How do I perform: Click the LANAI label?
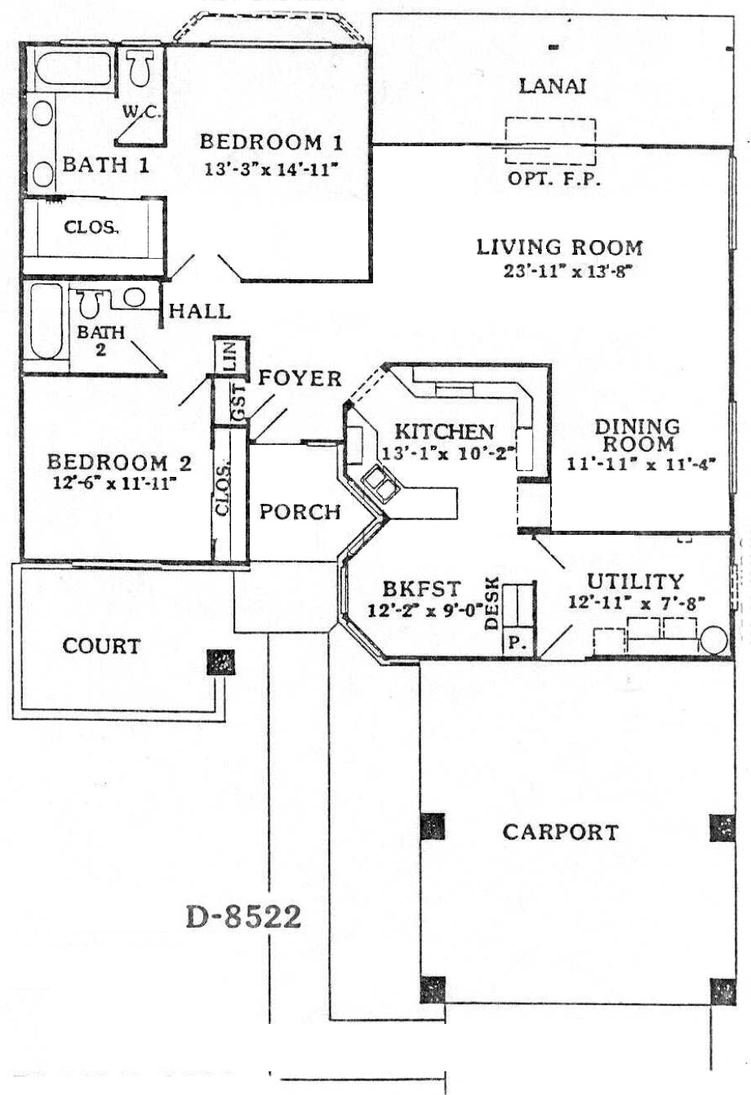(x=553, y=87)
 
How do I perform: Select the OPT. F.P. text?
(x=554, y=180)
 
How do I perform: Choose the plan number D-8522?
(x=244, y=916)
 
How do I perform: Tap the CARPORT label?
(x=561, y=833)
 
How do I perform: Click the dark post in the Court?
(x=220, y=661)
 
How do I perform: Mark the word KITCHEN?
(x=444, y=431)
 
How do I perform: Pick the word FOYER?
(x=300, y=378)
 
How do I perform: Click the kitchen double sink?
(x=380, y=483)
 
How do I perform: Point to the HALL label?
(x=199, y=311)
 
